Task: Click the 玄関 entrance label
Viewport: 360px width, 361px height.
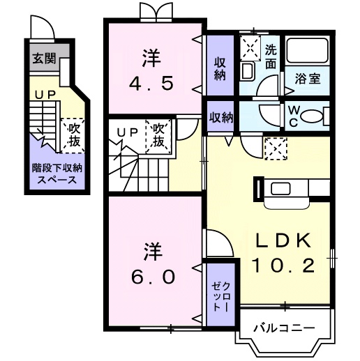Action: [x=44, y=58]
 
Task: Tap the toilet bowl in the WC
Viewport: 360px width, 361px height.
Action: [x=313, y=116]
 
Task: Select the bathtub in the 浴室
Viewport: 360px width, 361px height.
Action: [x=308, y=50]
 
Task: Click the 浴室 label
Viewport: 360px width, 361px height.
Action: [x=308, y=79]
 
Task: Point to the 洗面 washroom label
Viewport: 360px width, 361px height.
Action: [x=271, y=56]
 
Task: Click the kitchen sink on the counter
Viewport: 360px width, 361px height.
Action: [x=280, y=189]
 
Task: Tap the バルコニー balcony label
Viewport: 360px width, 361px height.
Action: [x=284, y=328]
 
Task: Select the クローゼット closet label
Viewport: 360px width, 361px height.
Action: [x=220, y=297]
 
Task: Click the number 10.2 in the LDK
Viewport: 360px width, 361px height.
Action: [x=283, y=266]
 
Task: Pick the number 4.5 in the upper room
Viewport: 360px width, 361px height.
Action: [x=151, y=84]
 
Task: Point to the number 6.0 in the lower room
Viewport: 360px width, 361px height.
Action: [x=153, y=277]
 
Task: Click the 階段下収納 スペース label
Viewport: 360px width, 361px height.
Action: [x=57, y=174]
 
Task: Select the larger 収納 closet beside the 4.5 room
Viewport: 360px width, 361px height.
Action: [x=220, y=66]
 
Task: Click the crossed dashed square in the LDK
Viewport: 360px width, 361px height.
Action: [x=276, y=148]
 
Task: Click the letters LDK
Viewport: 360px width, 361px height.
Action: [x=283, y=240]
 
